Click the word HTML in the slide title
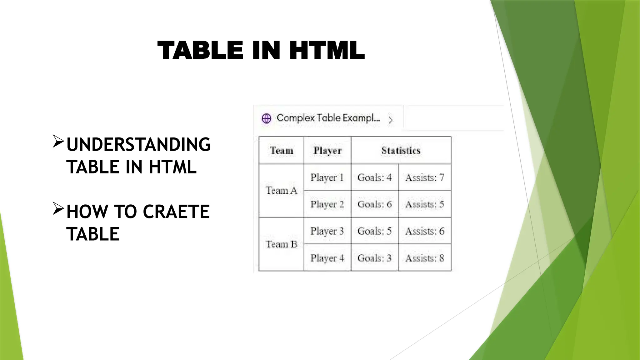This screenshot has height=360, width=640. click(327, 50)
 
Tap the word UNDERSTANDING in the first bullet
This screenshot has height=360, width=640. click(138, 144)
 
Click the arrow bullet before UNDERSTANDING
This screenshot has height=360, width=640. click(58, 141)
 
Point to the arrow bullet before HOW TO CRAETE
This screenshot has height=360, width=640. click(58, 208)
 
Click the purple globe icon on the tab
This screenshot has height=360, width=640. click(267, 118)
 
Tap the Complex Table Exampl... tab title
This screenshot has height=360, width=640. click(328, 118)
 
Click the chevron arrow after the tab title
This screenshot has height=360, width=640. click(391, 120)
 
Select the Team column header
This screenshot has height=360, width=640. click(282, 151)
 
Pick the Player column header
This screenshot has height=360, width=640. click(327, 151)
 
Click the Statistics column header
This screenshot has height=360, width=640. click(401, 151)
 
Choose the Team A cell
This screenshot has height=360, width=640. click(282, 191)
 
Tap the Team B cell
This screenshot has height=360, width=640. click(282, 244)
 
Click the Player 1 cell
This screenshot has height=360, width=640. click(327, 177)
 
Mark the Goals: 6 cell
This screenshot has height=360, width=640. click(375, 204)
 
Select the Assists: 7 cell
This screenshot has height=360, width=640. click(425, 177)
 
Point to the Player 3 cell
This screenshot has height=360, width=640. click(327, 231)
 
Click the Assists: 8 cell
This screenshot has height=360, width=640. click(425, 258)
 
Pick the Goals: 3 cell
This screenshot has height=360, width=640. click(375, 258)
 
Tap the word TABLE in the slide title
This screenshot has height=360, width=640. click(200, 50)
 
